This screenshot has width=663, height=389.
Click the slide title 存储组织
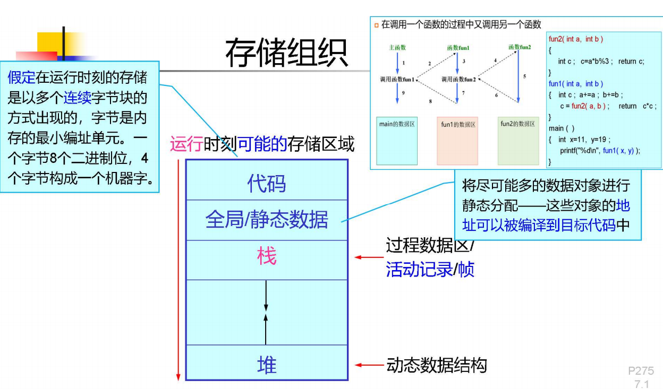[x=286, y=53]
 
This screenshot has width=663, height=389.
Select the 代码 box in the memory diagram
[x=266, y=184]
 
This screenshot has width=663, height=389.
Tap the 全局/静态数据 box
[x=266, y=220]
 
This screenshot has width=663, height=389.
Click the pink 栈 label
[x=266, y=257]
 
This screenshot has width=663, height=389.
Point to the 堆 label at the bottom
[x=266, y=365]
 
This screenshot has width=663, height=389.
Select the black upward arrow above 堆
[x=266, y=329]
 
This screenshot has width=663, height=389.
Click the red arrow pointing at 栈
[x=368, y=257]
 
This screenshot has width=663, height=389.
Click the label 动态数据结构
[x=436, y=365]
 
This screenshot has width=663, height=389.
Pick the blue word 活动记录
[x=419, y=270]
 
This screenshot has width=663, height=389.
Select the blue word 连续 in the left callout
[x=78, y=98]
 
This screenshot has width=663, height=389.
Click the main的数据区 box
[x=397, y=140]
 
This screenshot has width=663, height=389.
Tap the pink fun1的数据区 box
[x=457, y=141]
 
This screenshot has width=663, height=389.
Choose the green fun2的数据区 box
[x=518, y=140]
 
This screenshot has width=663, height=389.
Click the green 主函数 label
[x=397, y=48]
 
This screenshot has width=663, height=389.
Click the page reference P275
[x=641, y=371]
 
